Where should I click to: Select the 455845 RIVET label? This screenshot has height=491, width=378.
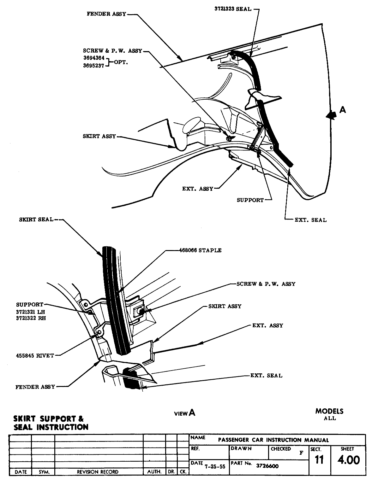[x=35, y=355]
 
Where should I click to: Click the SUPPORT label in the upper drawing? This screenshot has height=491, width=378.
[x=250, y=200]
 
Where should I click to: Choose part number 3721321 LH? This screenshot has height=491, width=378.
[x=31, y=312]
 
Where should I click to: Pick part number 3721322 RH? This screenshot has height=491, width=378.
[x=31, y=318]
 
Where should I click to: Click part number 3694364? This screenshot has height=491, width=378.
[x=93, y=58]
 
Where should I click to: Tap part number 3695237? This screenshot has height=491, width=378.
[x=93, y=66]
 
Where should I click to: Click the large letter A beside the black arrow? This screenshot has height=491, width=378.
[x=343, y=110]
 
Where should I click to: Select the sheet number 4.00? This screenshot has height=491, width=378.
[x=349, y=460]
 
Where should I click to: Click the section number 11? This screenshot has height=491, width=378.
[x=320, y=460]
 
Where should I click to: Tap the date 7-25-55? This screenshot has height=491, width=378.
[x=215, y=467]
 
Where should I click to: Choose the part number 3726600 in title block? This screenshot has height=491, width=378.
[x=267, y=466]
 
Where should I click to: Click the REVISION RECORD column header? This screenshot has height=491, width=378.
[x=98, y=472]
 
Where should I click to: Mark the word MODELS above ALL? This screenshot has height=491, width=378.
[x=329, y=411]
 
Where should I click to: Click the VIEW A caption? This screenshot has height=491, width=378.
[x=185, y=413]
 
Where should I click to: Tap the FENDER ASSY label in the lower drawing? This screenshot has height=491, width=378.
[x=35, y=387]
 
